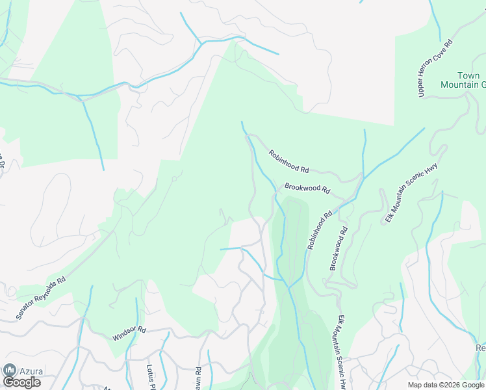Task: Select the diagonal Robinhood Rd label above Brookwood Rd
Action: (288, 161)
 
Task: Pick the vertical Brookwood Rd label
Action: (339, 248)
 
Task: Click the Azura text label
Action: (31, 372)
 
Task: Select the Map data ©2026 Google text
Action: (446, 385)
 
